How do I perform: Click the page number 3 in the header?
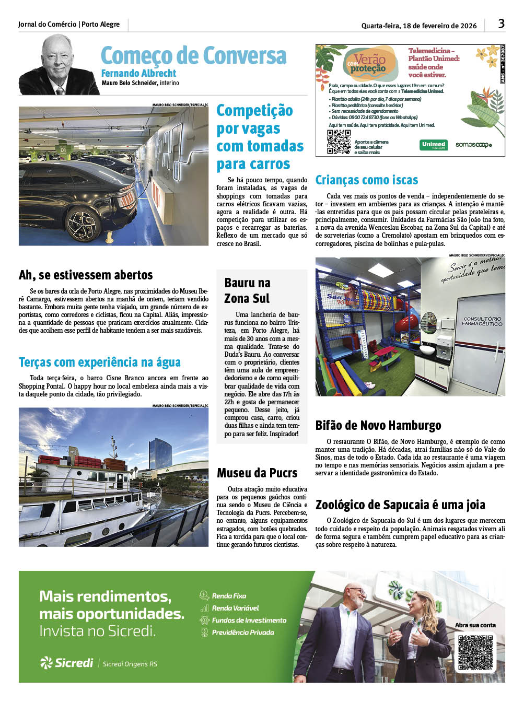(x=501, y=24)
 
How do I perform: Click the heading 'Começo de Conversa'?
(x=193, y=55)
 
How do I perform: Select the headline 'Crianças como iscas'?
(x=366, y=180)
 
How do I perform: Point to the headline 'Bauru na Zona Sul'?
(x=247, y=290)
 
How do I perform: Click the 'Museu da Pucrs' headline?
(x=257, y=473)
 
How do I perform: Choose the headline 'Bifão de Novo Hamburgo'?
(x=378, y=426)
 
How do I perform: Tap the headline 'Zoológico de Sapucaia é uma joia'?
(x=400, y=505)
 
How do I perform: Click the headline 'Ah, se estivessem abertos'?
(x=86, y=275)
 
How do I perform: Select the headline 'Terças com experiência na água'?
(x=100, y=362)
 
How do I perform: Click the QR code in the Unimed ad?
(x=339, y=142)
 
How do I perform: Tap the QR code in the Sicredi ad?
(x=475, y=652)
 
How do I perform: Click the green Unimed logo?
(x=434, y=145)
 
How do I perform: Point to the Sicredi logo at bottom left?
(x=67, y=663)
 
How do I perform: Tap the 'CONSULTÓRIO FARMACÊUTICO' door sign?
(x=482, y=321)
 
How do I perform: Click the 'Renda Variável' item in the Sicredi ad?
(x=235, y=609)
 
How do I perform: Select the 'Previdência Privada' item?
(x=242, y=633)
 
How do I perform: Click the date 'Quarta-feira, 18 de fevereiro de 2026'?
(x=419, y=26)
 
